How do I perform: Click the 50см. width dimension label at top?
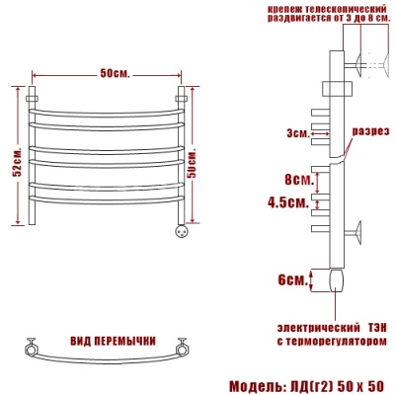tap(115, 74)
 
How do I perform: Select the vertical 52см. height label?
tap(17, 162)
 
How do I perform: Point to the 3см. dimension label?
tap(298, 133)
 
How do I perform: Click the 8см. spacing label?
tap(298, 181)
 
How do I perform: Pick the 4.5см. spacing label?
tap(288, 202)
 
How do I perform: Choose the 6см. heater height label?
tap(292, 280)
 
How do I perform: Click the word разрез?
tap(371, 131)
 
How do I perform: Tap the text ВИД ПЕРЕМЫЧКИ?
tap(113, 341)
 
